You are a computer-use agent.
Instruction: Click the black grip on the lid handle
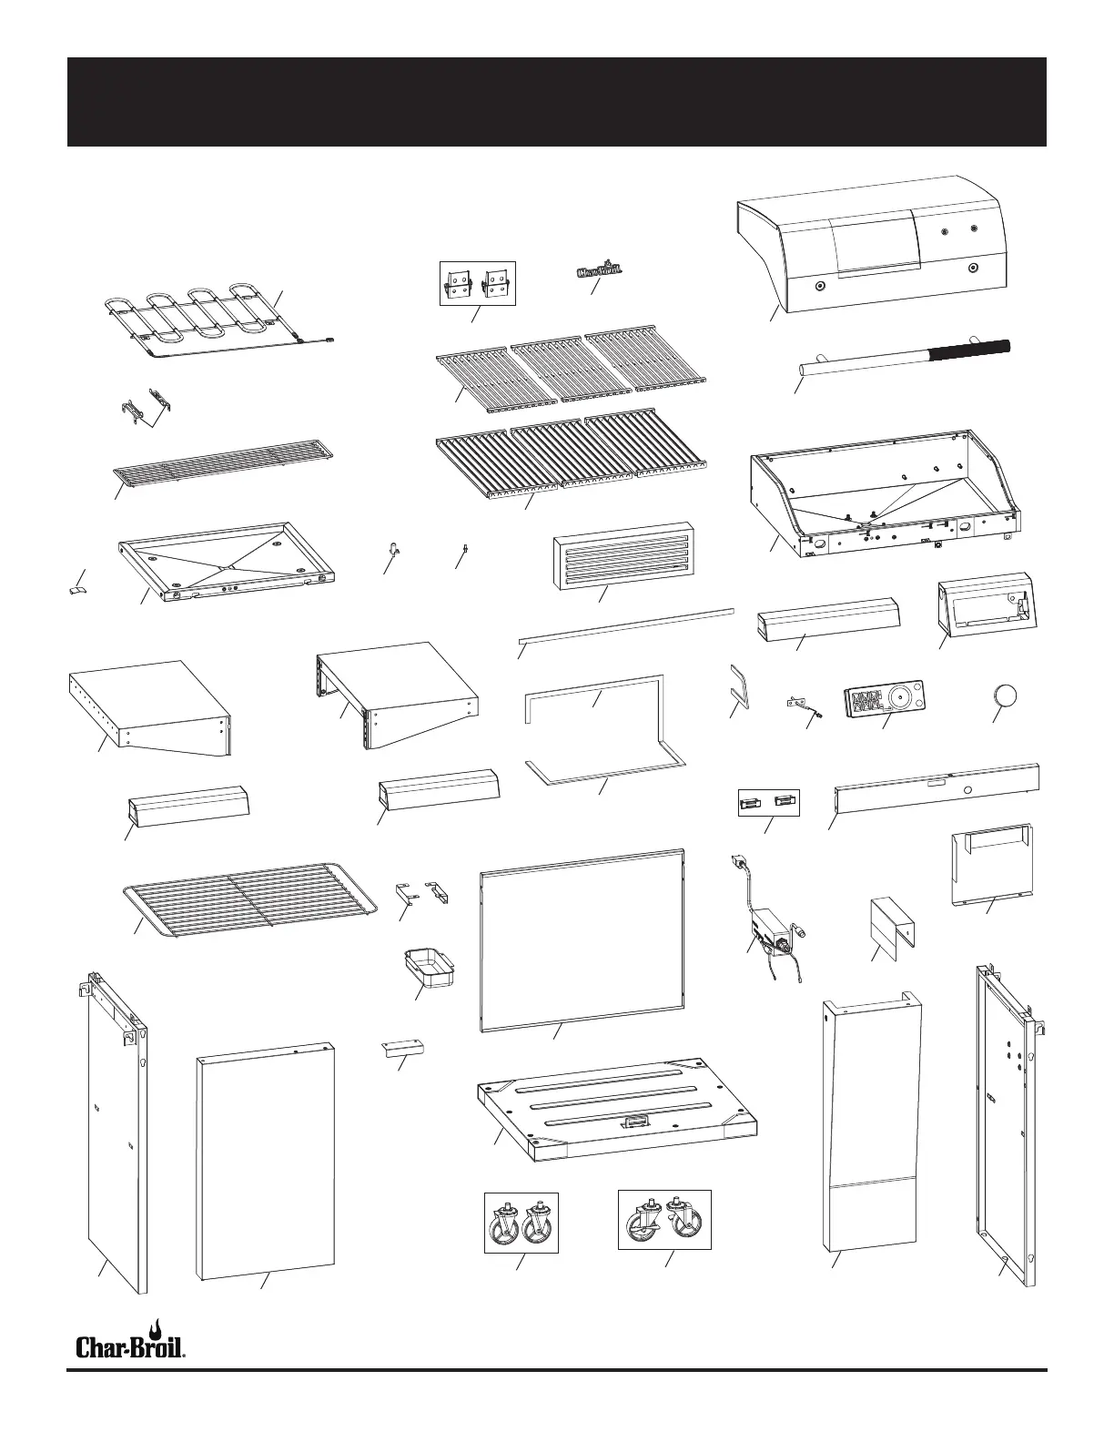[968, 350]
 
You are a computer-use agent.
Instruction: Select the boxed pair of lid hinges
[478, 283]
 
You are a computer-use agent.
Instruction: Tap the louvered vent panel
[623, 556]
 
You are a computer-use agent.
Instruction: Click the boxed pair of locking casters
[664, 1220]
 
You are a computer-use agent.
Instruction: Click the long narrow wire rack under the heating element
[223, 462]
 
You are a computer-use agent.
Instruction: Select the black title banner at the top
[556, 101]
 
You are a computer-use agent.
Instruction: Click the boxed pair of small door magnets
[767, 802]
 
